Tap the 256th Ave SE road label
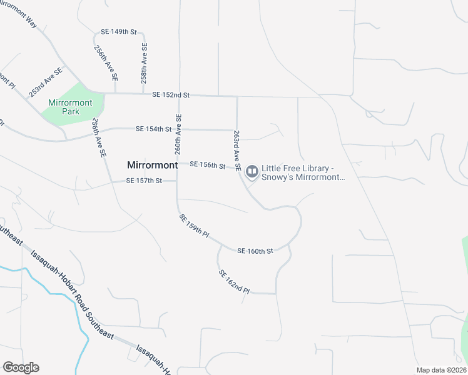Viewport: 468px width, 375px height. coord(106,63)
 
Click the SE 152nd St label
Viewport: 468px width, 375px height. coord(170,95)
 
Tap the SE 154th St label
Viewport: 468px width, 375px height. coord(153,129)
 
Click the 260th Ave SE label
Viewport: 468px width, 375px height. coord(178,134)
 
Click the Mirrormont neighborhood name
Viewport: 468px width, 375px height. coord(153,166)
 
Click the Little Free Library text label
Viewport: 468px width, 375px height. coord(303,173)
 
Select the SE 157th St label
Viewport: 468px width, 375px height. coord(144,181)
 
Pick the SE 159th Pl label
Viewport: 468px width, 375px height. coord(193,225)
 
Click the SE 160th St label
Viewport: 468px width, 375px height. coord(255,251)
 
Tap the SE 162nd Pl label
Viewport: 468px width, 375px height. coord(234,282)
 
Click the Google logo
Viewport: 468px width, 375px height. coord(21,367)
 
